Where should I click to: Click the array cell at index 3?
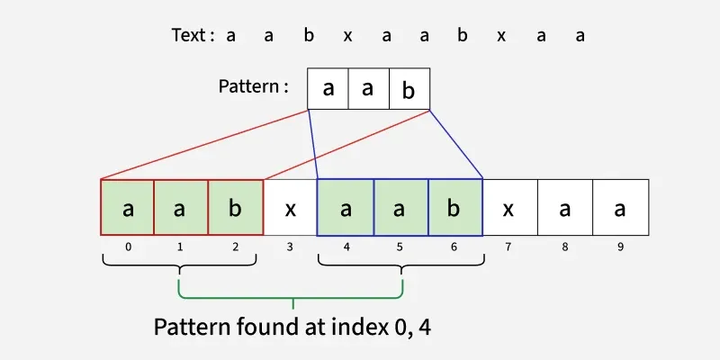pyautogui.click(x=290, y=208)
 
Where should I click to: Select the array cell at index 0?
pyautogui.click(x=128, y=208)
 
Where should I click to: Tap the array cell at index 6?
pyautogui.click(x=455, y=208)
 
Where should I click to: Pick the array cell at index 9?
pyautogui.click(x=620, y=208)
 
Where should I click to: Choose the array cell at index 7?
pyautogui.click(x=509, y=208)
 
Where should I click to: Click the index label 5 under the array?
pyautogui.click(x=400, y=246)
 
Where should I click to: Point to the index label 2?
pyautogui.click(x=235, y=246)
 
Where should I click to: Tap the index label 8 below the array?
pyautogui.click(x=565, y=246)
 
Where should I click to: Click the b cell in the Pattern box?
pyautogui.click(x=409, y=89)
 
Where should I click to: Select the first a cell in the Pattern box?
pyautogui.click(x=328, y=89)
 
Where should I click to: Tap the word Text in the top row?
pyautogui.click(x=189, y=36)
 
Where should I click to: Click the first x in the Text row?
pyautogui.click(x=347, y=36)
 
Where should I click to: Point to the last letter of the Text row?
pyautogui.click(x=580, y=36)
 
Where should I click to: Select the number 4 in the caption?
pyautogui.click(x=424, y=326)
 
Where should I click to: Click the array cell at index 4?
pyautogui.click(x=346, y=208)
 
